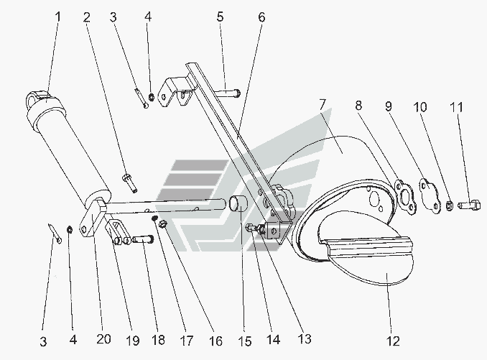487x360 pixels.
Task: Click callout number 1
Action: pos(58,14)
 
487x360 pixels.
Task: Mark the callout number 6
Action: pos(261,16)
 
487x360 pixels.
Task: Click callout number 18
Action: pos(156,338)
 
